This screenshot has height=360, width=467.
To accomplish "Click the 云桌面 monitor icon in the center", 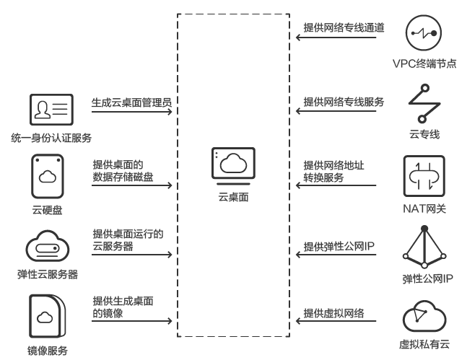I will coord(233,165).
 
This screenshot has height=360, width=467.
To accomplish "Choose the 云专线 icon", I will coord(419,104).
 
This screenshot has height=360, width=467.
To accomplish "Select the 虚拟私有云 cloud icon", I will coord(421,315).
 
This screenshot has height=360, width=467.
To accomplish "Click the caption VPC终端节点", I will coord(419,64).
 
